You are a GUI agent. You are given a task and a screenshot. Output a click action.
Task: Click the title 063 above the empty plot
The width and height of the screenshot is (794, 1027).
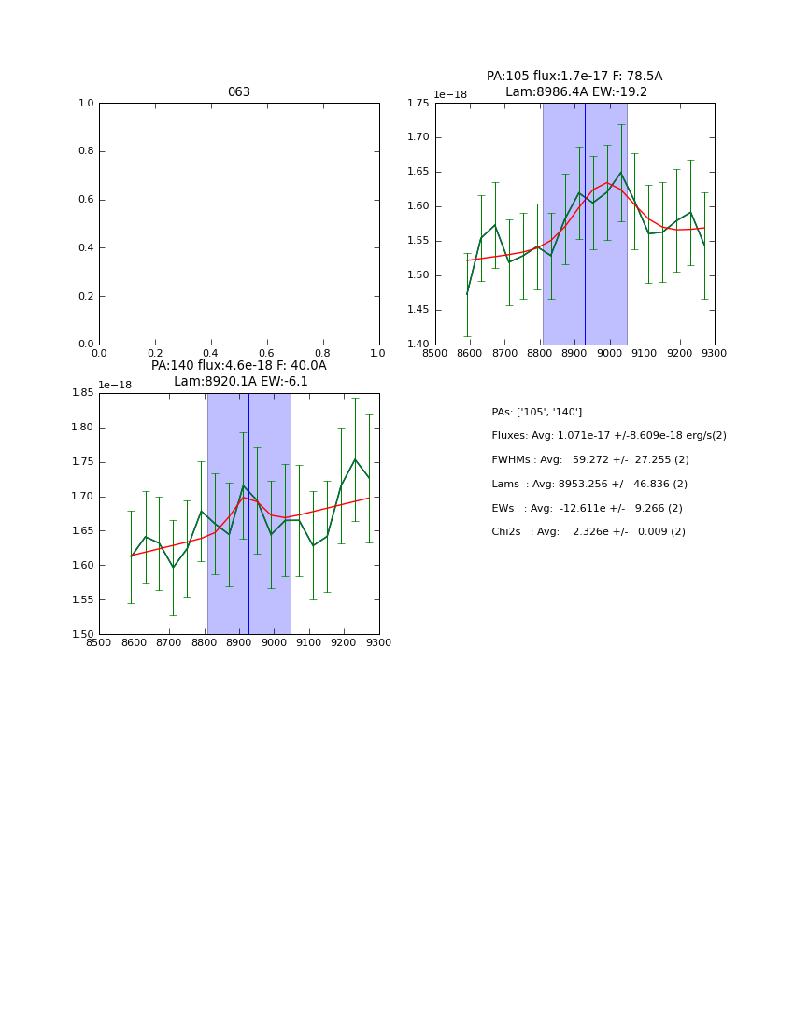(238, 92)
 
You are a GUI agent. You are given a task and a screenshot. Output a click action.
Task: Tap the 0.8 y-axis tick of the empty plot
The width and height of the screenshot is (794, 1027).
(85, 151)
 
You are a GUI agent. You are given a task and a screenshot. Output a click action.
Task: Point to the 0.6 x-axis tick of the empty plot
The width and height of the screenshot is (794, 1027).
(266, 354)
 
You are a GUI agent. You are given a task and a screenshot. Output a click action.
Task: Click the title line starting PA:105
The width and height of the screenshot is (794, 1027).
(574, 77)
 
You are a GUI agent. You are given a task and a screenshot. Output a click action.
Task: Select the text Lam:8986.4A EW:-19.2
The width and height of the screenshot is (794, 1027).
(575, 91)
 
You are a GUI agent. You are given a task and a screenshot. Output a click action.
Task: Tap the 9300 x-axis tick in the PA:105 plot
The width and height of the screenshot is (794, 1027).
(714, 354)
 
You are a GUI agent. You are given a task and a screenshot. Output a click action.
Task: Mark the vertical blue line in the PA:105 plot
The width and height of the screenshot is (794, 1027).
(585, 224)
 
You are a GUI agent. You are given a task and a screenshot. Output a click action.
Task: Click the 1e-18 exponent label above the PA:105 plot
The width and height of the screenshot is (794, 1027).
(449, 95)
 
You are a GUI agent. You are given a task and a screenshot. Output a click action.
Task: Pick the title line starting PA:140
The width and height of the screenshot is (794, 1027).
(238, 366)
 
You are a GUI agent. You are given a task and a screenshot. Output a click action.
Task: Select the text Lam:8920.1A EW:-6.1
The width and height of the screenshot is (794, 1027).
(240, 381)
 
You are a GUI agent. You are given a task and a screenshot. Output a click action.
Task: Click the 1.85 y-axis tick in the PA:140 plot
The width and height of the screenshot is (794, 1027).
(82, 393)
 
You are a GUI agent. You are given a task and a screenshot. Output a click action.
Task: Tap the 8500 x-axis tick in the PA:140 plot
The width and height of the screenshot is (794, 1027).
(99, 642)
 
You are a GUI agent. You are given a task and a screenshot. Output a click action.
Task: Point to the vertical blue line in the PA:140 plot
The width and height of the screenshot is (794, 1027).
(248, 513)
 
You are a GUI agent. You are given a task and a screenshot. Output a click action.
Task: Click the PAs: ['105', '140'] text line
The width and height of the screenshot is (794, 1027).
(536, 412)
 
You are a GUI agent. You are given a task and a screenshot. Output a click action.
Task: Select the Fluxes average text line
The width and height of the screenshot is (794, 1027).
(608, 436)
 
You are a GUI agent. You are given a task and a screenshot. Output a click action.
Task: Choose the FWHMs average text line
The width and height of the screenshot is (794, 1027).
(589, 459)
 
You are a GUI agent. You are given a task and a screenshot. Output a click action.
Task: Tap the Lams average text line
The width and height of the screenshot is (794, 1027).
(588, 484)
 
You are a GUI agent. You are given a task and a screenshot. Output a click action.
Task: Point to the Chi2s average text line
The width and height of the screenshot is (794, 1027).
(588, 532)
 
